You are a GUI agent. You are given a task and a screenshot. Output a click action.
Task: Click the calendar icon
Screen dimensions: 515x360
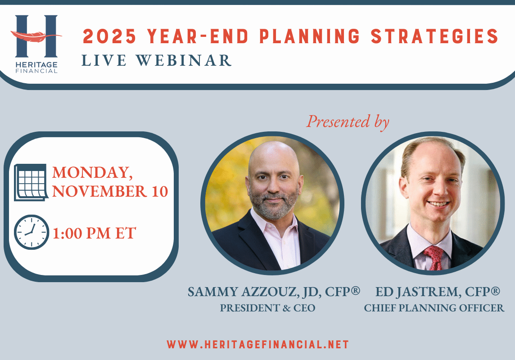point(31,182)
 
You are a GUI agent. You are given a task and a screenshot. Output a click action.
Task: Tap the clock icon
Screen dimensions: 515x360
point(32,232)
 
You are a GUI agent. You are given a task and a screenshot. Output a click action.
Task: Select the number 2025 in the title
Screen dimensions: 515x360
point(109,36)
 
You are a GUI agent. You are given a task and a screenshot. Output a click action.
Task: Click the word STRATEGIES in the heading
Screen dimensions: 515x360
point(435,36)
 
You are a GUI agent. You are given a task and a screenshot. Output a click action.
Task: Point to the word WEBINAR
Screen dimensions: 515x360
point(184,60)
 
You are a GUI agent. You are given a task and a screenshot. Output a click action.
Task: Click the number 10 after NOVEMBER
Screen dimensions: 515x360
point(160,191)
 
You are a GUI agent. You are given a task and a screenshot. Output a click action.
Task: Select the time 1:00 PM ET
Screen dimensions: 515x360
point(94,234)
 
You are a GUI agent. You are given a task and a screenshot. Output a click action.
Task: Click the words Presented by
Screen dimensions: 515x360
point(348,122)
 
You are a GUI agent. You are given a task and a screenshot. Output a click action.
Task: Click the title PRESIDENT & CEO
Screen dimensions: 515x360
point(267,308)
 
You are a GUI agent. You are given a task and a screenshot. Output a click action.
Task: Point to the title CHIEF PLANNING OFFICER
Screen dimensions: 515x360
point(434,308)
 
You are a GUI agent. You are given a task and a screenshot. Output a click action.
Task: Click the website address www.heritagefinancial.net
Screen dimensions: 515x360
point(258,345)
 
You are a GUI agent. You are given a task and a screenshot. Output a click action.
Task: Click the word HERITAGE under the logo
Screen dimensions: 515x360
point(36,65)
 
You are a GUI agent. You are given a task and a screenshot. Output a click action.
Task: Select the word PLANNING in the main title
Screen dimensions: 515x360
point(310,36)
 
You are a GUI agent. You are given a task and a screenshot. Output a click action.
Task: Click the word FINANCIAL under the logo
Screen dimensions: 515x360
point(36,71)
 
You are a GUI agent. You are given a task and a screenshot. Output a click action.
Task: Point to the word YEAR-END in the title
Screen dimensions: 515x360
point(198,36)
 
